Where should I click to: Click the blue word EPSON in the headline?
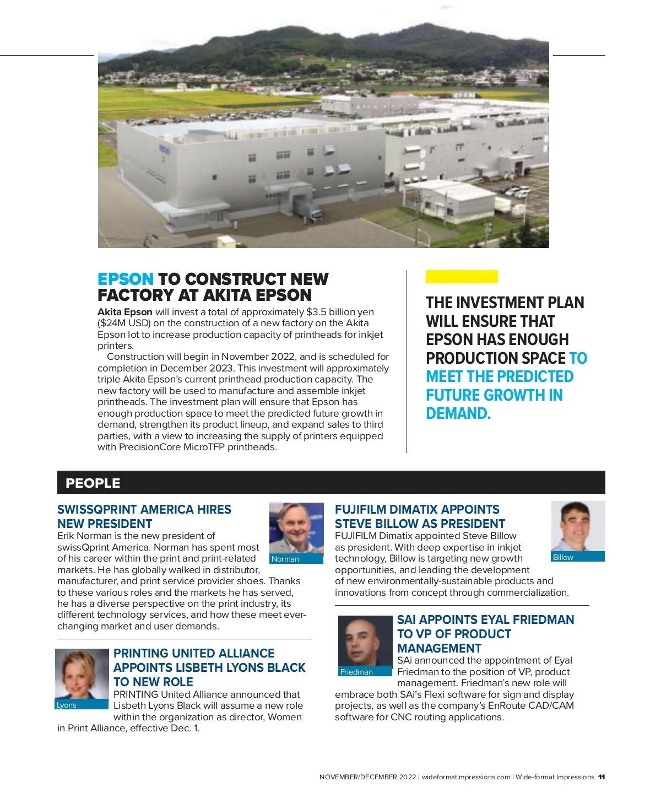126,279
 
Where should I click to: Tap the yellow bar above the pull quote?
462,277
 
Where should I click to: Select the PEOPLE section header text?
93,483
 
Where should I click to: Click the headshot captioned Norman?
296,527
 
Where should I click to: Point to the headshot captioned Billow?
578,526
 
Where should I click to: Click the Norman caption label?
285,559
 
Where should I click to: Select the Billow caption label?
563,557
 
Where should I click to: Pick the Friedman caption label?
356,672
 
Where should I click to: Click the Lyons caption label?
67,705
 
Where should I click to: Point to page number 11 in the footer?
602,777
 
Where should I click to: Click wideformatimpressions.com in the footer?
466,777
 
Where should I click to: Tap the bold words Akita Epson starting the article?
125,312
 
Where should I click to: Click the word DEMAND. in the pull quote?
458,413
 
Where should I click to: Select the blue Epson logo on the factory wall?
165,149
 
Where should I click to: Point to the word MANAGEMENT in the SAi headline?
439,648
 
